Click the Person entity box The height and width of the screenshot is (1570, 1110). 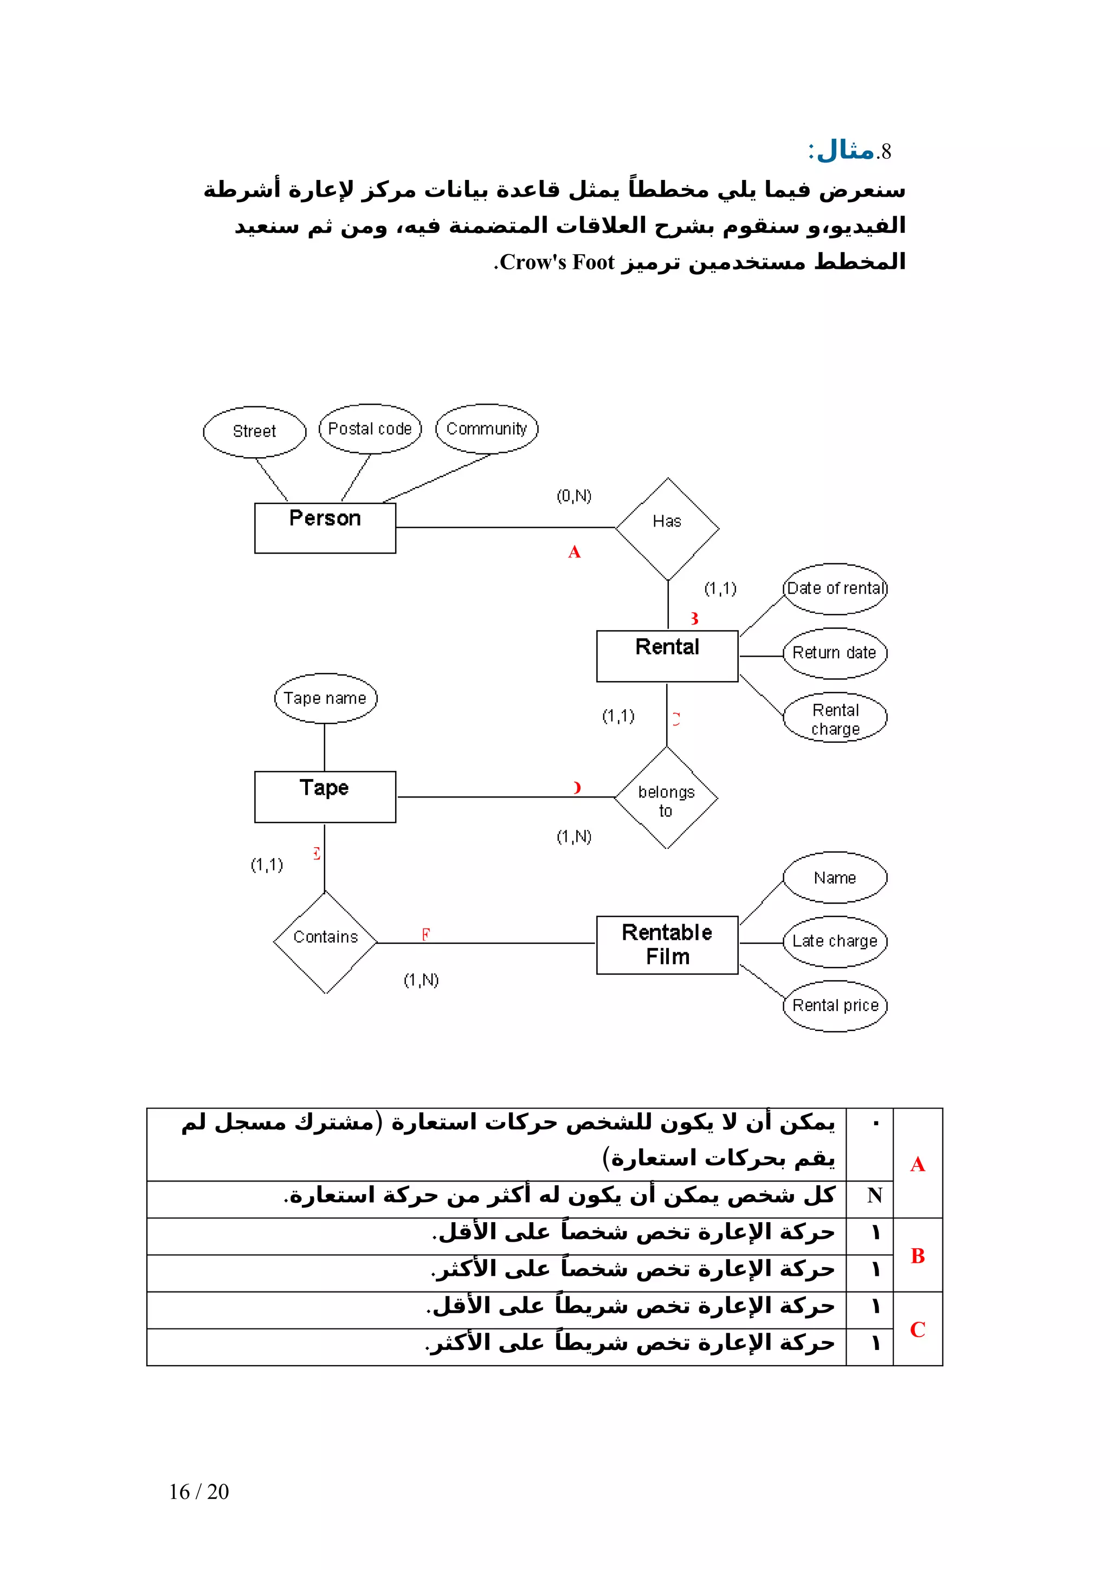click(x=325, y=528)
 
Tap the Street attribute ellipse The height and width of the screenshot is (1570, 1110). click(x=254, y=431)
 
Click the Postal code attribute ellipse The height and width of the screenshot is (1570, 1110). click(x=370, y=429)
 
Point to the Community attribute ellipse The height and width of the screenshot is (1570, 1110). click(x=486, y=429)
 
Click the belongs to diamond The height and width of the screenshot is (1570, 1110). click(x=666, y=798)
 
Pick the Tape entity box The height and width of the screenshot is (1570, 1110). click(x=325, y=796)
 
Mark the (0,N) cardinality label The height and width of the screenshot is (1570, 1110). click(x=574, y=496)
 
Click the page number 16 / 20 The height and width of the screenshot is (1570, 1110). click(x=199, y=1491)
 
